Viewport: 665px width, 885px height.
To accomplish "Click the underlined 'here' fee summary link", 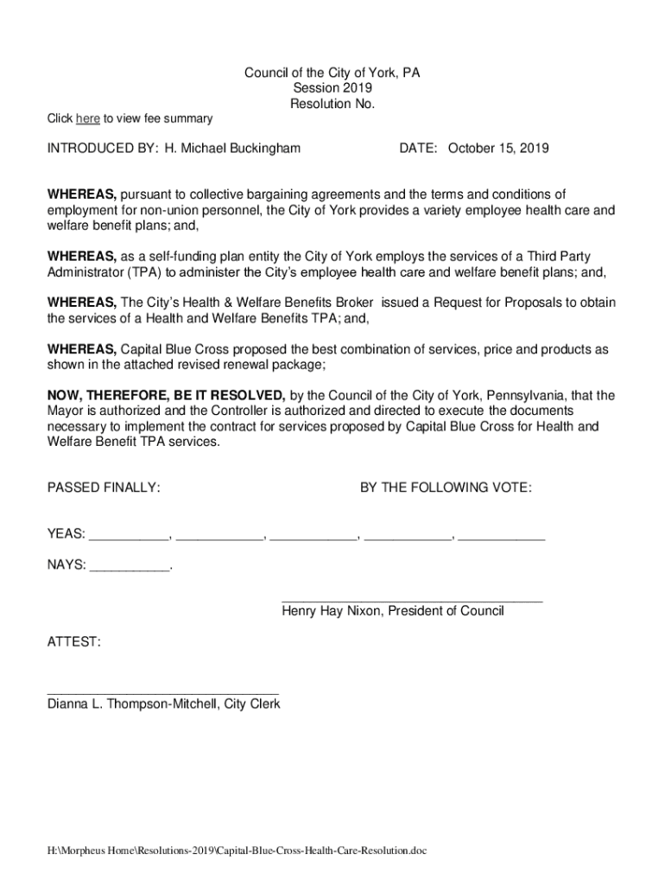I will point(87,118).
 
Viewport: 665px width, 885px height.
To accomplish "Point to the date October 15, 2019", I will point(497,149).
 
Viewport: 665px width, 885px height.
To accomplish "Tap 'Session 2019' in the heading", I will point(332,89).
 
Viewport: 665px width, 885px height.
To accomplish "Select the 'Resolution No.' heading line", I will point(332,105).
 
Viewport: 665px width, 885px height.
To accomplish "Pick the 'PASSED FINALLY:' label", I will point(104,488).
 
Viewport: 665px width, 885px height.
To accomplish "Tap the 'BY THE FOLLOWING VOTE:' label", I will point(446,488).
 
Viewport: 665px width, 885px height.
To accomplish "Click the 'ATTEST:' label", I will point(74,643).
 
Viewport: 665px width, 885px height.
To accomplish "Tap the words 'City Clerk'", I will point(252,704).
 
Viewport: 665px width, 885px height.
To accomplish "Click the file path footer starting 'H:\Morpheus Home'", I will point(237,850).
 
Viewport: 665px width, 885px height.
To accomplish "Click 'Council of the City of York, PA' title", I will point(332,73).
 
